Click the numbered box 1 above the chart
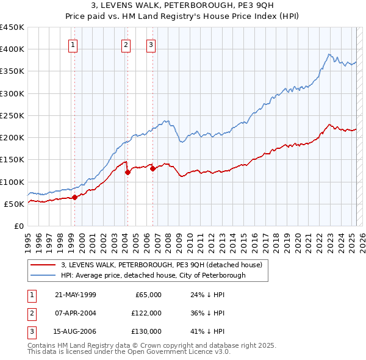73,44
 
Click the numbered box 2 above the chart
126,44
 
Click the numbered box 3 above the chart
151,44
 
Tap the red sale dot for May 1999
74,197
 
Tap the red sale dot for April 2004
127,172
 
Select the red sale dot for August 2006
152,168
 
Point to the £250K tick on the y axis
15,115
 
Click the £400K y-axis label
13,49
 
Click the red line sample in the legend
43,265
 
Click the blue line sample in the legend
43,275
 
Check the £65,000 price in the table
147,295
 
